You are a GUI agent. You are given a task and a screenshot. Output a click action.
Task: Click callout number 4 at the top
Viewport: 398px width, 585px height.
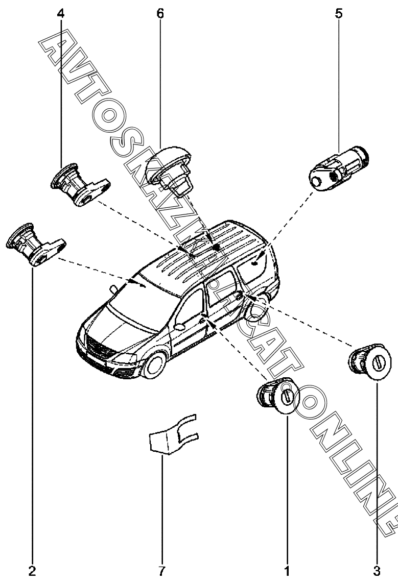tap(60, 14)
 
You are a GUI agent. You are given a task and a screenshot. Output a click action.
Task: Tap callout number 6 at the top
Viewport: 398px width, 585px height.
tap(160, 14)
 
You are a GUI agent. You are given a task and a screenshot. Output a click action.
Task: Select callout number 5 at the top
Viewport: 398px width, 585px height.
tap(339, 14)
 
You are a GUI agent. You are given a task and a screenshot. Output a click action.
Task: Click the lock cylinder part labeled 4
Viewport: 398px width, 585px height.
tap(80, 184)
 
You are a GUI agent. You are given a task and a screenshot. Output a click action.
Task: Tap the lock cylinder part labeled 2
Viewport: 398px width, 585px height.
tap(36, 245)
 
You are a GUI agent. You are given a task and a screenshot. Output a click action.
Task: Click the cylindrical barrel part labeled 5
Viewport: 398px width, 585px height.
tap(339, 168)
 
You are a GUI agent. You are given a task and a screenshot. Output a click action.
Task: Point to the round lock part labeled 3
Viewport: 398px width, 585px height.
tap(370, 361)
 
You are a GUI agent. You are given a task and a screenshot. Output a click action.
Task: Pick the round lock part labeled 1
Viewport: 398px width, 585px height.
tap(278, 396)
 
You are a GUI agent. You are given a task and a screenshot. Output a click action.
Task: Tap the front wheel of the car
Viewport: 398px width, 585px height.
tap(154, 365)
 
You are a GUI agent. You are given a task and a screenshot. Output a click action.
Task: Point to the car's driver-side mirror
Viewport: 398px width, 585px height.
tap(180, 327)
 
